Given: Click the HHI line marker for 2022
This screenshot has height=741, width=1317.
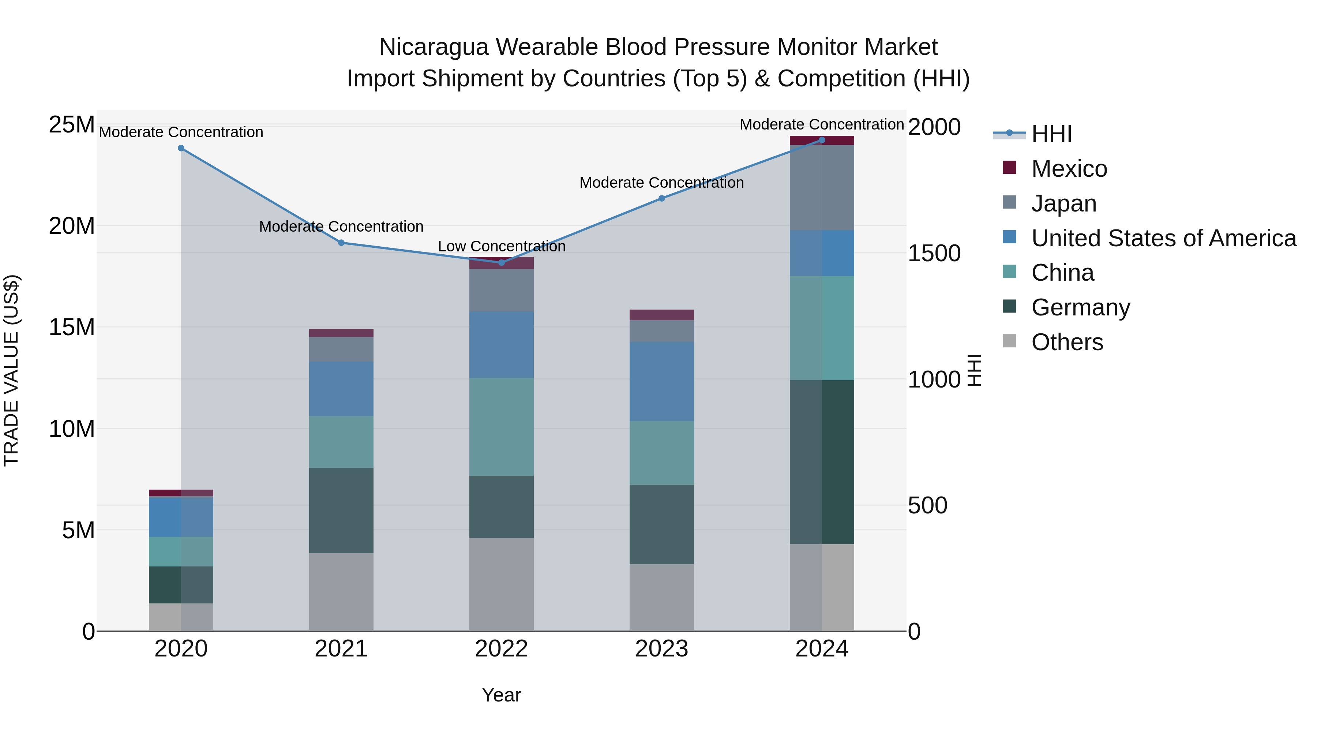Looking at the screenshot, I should click(501, 262).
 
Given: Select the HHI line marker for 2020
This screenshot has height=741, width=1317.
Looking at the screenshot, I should click(181, 148).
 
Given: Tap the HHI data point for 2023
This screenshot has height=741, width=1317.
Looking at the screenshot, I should click(661, 198).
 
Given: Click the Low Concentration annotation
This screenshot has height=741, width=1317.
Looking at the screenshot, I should click(501, 247).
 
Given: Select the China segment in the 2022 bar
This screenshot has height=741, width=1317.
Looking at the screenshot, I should click(501, 427).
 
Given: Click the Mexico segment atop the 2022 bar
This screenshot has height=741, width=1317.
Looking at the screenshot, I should click(501, 263).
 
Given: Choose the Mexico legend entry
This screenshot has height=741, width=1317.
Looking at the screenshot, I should click(1069, 169).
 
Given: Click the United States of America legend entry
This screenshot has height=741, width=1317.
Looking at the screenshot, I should click(1163, 238).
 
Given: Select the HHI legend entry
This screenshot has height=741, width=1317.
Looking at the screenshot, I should click(1051, 134).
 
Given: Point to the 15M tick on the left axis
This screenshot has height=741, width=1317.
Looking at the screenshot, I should click(72, 327).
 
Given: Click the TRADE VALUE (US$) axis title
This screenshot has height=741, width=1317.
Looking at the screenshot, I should click(11, 370).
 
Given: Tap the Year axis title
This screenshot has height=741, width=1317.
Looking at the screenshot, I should click(501, 695).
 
